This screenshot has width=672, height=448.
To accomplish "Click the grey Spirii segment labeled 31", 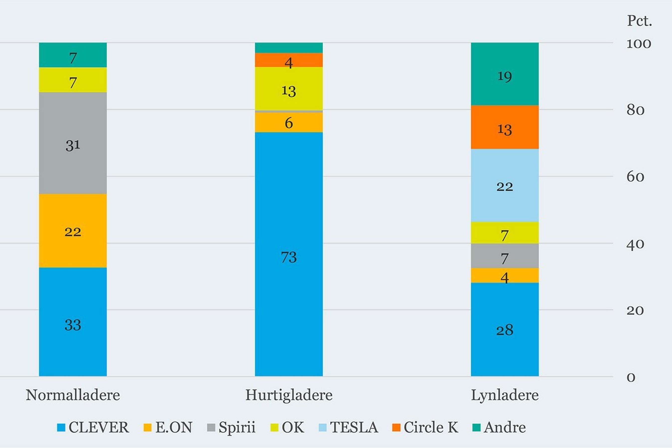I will tap(73, 143).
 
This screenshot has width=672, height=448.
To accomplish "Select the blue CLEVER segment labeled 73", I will tap(289, 254).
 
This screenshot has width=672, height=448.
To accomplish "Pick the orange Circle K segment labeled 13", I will tap(505, 127).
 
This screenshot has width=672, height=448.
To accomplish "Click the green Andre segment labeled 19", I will tap(505, 74).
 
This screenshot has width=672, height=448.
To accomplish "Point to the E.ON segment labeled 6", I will tap(289, 122).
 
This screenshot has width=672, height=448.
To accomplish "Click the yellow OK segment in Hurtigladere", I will tap(289, 89).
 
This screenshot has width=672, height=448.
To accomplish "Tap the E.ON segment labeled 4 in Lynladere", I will tap(505, 275).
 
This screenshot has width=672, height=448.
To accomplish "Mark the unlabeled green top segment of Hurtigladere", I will tap(289, 48).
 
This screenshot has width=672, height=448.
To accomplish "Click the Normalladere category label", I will tap(73, 395).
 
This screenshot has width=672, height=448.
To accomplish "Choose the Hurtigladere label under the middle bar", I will tap(289, 395).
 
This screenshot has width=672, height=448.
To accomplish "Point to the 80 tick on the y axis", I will tap(635, 110).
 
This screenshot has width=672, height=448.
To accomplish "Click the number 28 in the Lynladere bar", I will tap(505, 330).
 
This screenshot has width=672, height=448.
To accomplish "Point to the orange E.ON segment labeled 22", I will tap(73, 231).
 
